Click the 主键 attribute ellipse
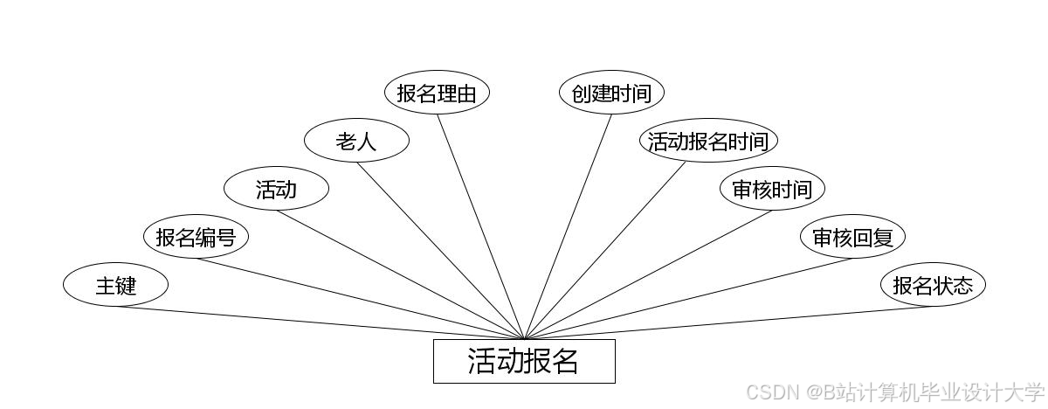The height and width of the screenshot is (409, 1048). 115,285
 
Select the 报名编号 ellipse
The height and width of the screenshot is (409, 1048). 196,237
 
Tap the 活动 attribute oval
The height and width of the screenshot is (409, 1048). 276,189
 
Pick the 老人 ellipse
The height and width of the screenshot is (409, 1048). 356,141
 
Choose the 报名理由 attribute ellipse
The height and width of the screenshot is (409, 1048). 437,93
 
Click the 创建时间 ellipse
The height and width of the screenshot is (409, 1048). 611,93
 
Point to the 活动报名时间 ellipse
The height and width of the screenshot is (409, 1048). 708,141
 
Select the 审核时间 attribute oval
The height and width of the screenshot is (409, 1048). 772,189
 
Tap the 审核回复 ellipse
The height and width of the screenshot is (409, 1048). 852,237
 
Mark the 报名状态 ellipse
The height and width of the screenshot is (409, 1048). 933,285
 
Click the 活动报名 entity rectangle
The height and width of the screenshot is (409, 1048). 524,361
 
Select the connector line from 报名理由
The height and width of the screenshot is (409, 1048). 480,226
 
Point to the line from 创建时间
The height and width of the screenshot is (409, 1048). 568,226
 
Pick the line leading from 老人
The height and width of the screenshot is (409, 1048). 440,251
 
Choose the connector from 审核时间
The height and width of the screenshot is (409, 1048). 648,274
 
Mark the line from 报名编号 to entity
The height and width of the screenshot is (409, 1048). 360,299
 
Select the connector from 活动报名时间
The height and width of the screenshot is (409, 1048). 605,250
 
